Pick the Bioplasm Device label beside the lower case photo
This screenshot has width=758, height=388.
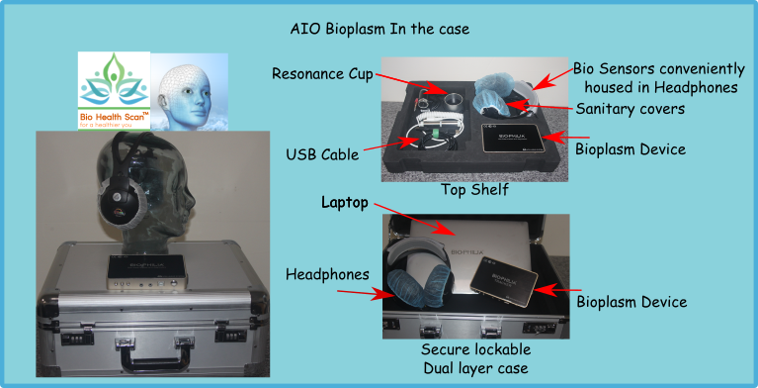click(x=631, y=300)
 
